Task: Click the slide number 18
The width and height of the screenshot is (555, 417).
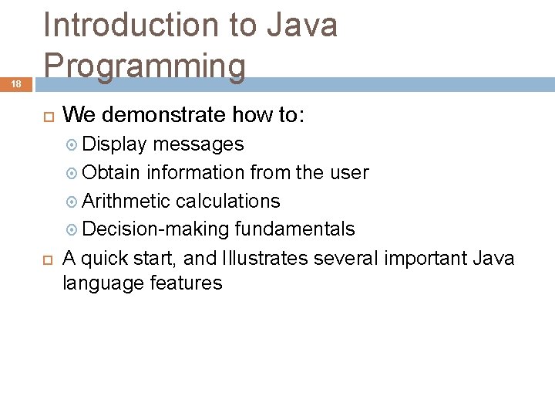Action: (15, 83)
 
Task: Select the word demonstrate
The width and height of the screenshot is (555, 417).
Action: (163, 116)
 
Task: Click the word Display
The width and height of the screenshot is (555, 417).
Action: (115, 144)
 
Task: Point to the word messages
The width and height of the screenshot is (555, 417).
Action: (198, 144)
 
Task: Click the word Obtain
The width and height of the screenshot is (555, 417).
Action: (112, 173)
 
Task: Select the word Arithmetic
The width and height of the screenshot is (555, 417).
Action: (126, 201)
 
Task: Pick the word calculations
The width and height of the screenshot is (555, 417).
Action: (228, 201)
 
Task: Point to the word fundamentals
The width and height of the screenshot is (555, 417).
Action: (295, 229)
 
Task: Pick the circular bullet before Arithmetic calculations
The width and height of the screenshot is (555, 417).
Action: (72, 202)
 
